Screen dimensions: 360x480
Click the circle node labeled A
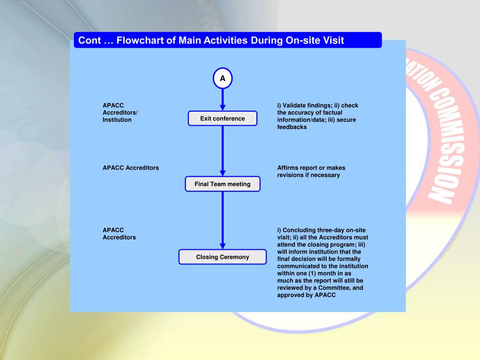(x=223, y=79)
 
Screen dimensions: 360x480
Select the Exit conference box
(x=223, y=119)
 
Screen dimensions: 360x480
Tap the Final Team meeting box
(x=223, y=184)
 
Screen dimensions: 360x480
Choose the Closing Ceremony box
(x=223, y=257)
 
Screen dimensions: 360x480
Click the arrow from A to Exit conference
(x=223, y=100)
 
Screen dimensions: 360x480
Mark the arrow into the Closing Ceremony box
(x=223, y=220)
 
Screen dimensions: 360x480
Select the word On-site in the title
(x=303, y=40)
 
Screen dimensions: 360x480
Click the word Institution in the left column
(x=117, y=120)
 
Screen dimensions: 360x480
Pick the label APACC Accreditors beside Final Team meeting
(x=131, y=168)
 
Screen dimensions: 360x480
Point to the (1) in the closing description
(x=315, y=273)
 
